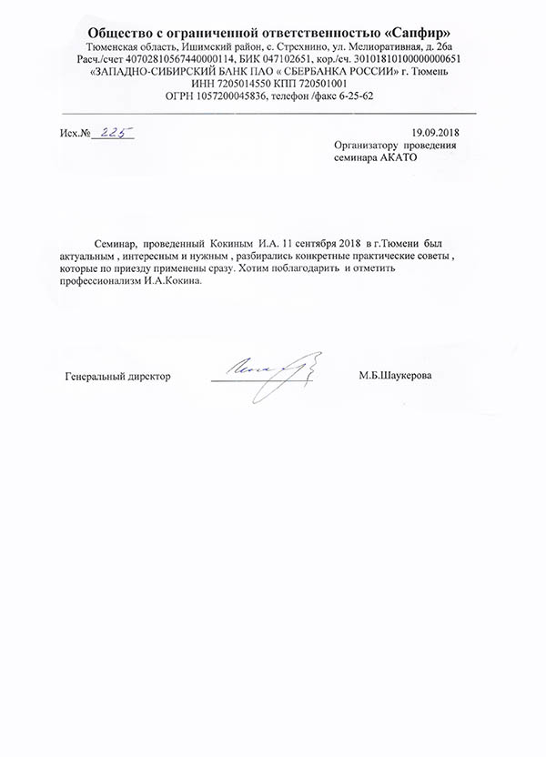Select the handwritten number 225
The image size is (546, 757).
coord(117,133)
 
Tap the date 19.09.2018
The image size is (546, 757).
coord(437,133)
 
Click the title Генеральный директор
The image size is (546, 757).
coord(118,376)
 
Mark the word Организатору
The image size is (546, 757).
coord(368,145)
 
